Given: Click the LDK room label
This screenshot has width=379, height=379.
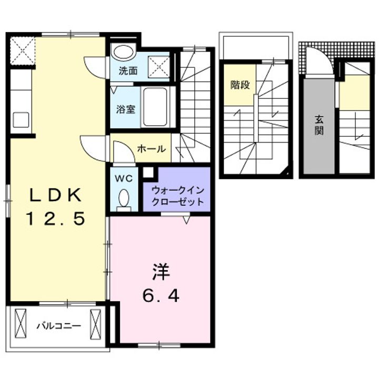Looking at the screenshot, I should tap(55, 196).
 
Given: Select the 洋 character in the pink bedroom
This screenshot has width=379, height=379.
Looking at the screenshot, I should tap(161, 273).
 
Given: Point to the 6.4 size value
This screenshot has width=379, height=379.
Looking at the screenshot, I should tap(161, 296).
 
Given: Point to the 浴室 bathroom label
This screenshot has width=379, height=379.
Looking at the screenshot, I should tap(126, 109).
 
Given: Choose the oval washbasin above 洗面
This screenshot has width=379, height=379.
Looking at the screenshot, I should tap(124, 52).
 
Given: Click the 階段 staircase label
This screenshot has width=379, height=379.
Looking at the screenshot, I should tap(240, 85).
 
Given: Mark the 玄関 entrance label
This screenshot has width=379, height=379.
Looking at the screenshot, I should tap(319, 125).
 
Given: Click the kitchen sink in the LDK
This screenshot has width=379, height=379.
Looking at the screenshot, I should tap(22, 119).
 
